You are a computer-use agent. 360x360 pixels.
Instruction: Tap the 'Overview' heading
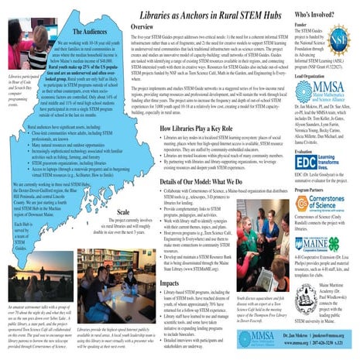pos(146,27)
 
